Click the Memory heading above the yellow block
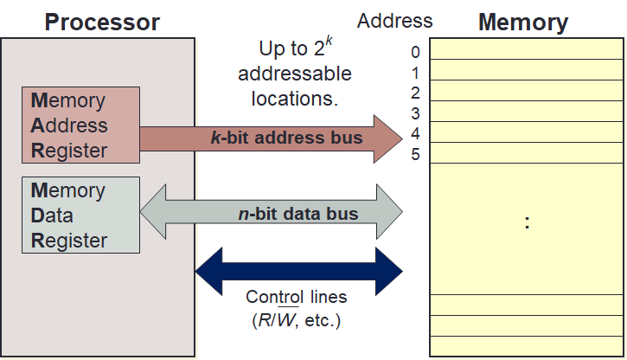coord(523,21)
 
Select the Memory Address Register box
coord(80,125)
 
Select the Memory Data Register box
coord(80,215)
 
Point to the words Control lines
coord(297,297)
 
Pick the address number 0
coord(415,53)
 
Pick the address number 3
coord(415,113)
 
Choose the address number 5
coord(415,155)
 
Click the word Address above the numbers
coord(394,20)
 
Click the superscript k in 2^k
coord(329,40)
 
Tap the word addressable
coord(295,74)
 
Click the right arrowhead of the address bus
coord(389,137)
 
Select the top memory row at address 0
coord(527,50)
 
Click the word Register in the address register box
coord(69,151)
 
